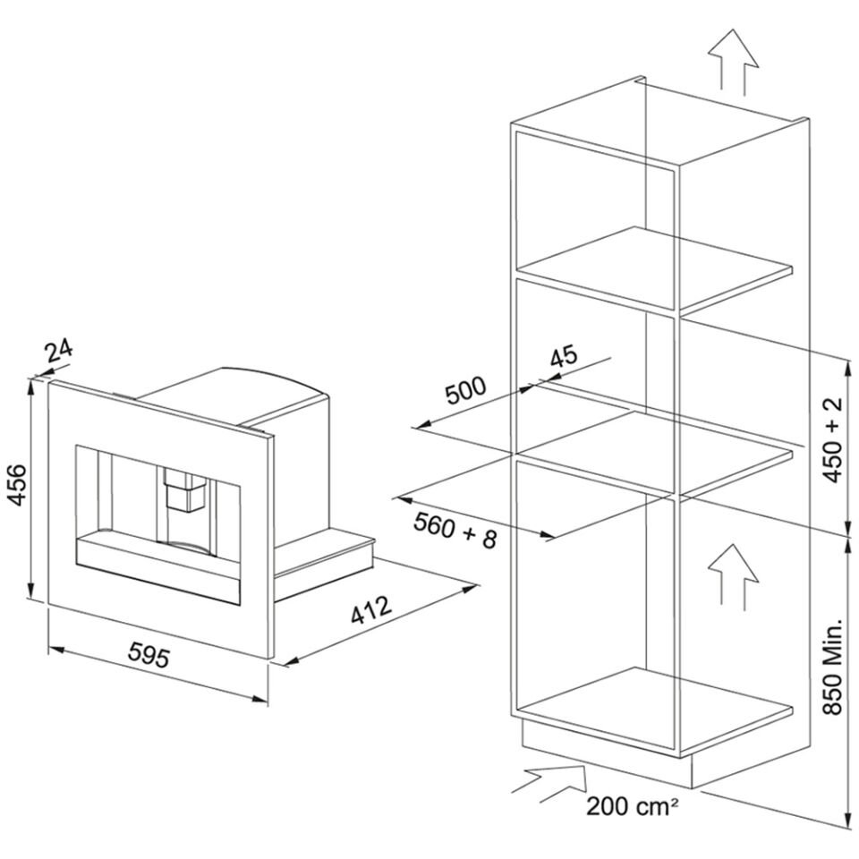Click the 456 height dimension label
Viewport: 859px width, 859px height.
(x=18, y=484)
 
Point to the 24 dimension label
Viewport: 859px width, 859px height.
(x=59, y=352)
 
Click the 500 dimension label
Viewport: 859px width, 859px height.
(x=465, y=389)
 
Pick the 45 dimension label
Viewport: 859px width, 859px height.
(x=564, y=356)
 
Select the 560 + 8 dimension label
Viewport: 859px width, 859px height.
(x=455, y=530)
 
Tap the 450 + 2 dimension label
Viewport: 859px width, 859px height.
(x=833, y=440)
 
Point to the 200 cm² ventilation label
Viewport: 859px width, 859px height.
(x=633, y=805)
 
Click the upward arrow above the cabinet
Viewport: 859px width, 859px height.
(x=733, y=63)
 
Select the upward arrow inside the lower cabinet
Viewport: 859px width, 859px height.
(x=733, y=577)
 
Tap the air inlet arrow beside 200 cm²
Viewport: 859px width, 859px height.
(x=549, y=784)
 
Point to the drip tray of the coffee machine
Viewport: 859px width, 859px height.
(x=158, y=570)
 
